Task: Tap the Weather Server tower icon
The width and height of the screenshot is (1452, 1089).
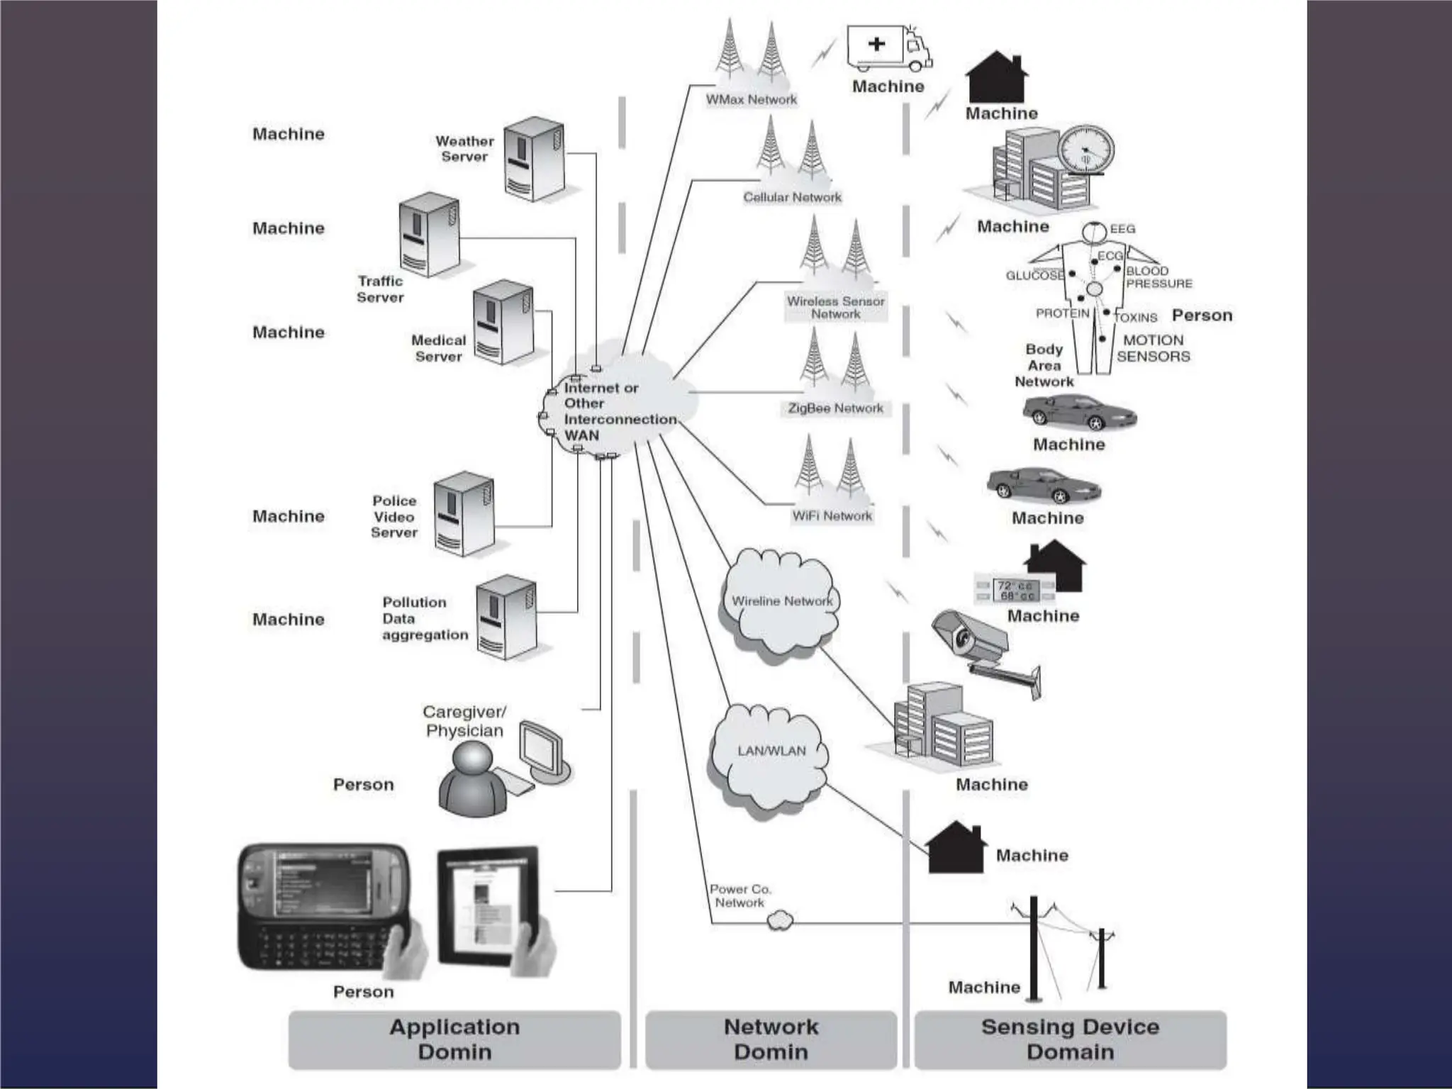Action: click(x=533, y=159)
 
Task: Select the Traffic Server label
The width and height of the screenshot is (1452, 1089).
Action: click(x=380, y=289)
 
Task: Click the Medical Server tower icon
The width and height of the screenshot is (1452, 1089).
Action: click(x=503, y=323)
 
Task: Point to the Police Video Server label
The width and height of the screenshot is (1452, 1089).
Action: click(x=394, y=517)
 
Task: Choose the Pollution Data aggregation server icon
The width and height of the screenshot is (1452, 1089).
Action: click(x=506, y=618)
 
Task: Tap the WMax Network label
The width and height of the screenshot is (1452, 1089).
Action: click(x=751, y=100)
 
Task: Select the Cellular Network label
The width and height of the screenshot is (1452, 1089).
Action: click(x=792, y=197)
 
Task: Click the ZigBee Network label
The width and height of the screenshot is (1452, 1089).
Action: click(x=835, y=408)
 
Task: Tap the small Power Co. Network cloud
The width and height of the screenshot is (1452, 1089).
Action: click(x=780, y=921)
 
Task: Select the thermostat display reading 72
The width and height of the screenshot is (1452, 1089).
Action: click(x=1015, y=591)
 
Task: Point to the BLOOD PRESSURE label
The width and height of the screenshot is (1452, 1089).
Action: click(x=1158, y=277)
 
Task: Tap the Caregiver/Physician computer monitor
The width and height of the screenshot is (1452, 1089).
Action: click(x=542, y=751)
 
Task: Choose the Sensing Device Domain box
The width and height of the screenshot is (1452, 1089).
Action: click(x=1070, y=1039)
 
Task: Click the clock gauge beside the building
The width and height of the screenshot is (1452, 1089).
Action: click(x=1085, y=150)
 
